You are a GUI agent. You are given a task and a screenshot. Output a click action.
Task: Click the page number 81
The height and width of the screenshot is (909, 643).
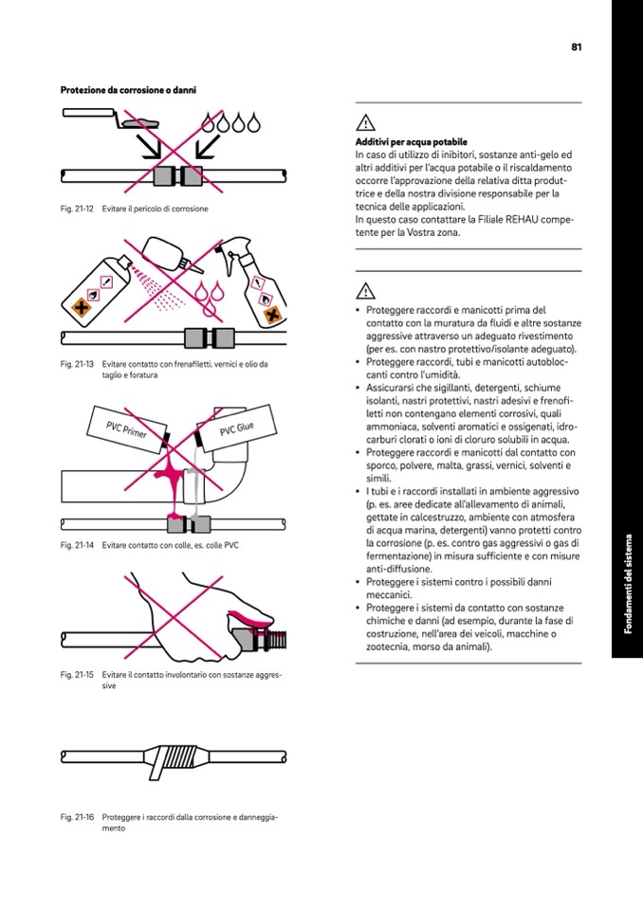(x=576, y=46)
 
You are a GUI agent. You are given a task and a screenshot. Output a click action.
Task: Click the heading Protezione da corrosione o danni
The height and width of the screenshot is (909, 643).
(x=128, y=91)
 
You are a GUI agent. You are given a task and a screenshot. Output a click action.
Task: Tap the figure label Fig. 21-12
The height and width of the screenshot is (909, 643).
(x=77, y=209)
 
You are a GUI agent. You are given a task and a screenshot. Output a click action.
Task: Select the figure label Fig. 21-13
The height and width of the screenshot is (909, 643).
(x=77, y=364)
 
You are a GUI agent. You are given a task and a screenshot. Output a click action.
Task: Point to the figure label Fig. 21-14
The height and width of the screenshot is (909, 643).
(x=77, y=545)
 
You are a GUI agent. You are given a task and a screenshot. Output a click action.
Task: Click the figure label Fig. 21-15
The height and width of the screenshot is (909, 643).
(x=77, y=675)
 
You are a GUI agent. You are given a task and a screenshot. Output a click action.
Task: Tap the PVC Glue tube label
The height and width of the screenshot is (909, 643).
(x=237, y=432)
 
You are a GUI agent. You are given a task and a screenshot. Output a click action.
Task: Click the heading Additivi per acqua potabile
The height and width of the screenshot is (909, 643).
(x=397, y=142)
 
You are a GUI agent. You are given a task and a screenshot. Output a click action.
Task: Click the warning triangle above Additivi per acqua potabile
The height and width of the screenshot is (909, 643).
(x=364, y=121)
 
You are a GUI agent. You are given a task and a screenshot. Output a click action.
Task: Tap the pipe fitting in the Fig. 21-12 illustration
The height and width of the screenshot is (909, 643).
(x=178, y=175)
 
